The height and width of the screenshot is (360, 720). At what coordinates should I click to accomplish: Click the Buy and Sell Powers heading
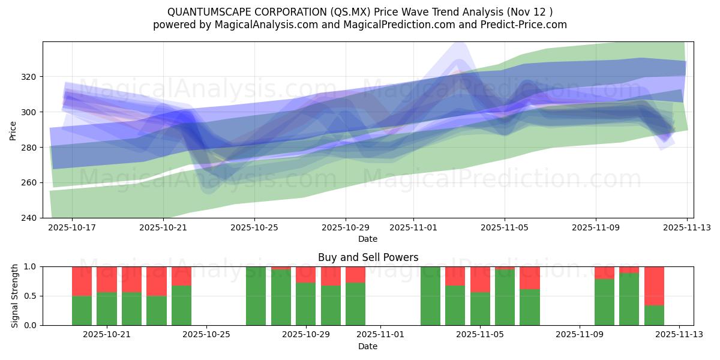[x=368, y=257]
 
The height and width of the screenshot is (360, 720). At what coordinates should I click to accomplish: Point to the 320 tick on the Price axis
[x=30, y=77]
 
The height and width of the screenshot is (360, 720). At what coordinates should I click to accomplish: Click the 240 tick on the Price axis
[x=30, y=218]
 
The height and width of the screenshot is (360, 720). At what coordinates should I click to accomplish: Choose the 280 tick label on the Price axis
[x=30, y=148]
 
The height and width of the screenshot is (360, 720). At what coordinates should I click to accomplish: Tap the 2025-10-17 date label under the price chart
[x=72, y=228]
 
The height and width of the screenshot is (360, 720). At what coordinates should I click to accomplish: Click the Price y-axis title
[x=13, y=130]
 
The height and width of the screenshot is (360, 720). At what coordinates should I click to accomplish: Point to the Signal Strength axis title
[x=15, y=296]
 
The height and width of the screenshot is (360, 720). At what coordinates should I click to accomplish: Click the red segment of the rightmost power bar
[x=654, y=286]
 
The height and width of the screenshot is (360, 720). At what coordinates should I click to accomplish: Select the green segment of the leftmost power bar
[x=82, y=311]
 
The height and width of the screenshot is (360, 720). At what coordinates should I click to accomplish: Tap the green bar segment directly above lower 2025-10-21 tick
[x=107, y=309]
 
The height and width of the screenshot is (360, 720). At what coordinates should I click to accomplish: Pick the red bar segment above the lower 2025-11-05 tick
[x=480, y=279]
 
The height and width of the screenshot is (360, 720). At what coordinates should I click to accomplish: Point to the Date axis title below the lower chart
[x=368, y=346]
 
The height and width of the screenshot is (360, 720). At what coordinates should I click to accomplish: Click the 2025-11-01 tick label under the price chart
[x=413, y=228]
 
